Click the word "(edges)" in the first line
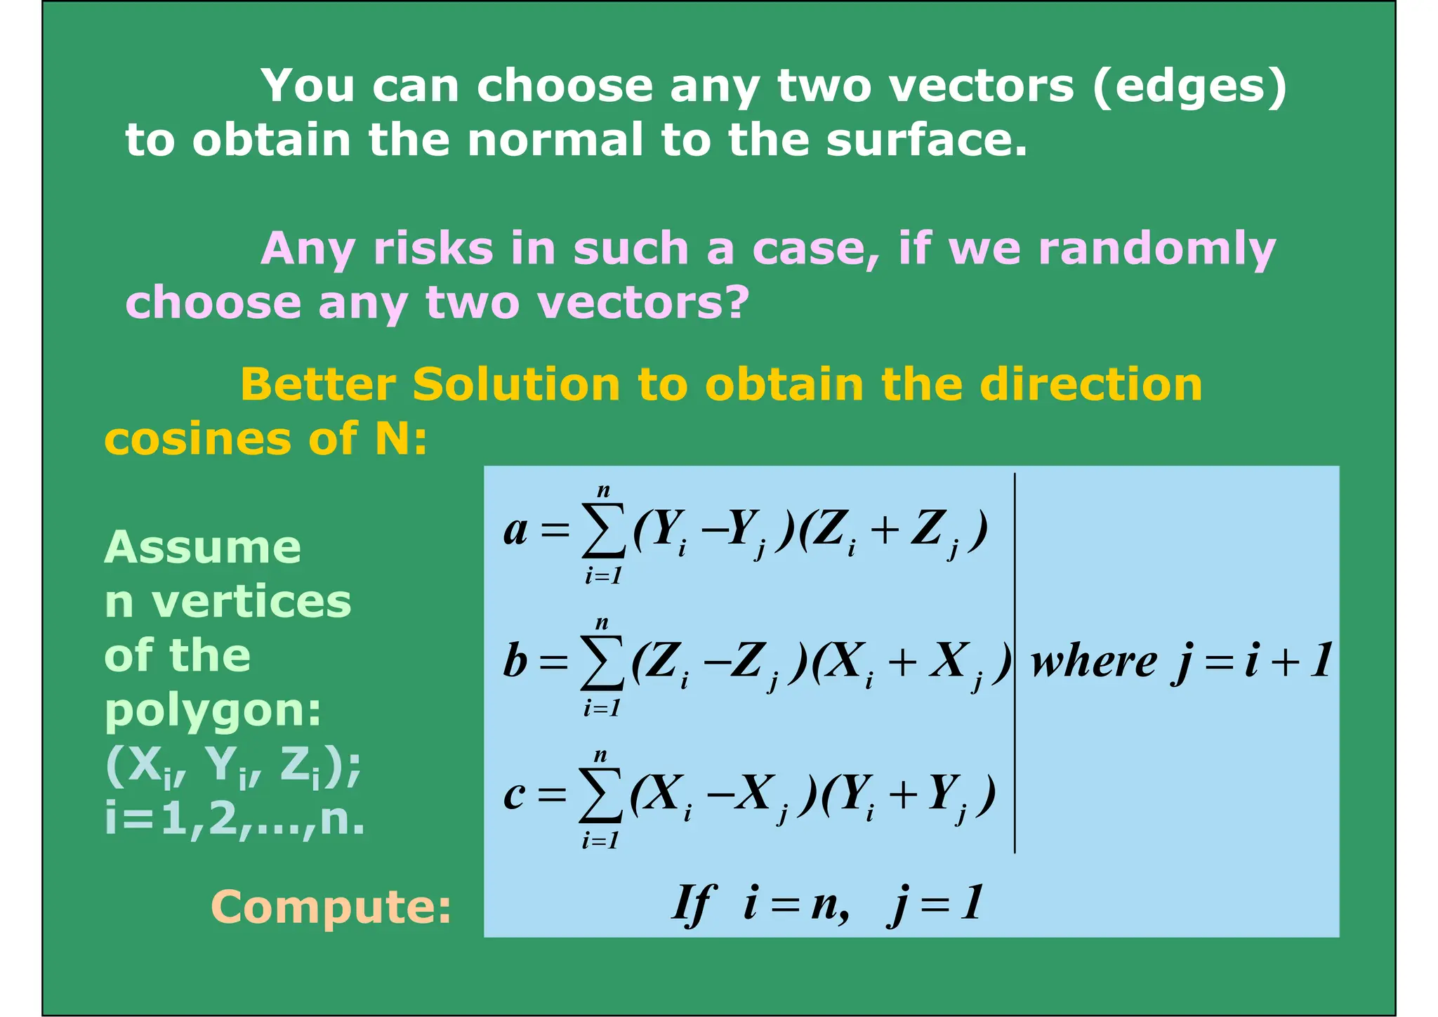click(x=1190, y=86)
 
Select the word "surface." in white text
click(x=926, y=139)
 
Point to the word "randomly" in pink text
click(x=1156, y=250)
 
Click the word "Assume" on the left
click(x=202, y=547)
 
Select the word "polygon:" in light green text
click(x=213, y=711)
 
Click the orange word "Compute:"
click(x=331, y=907)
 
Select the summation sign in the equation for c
click(x=600, y=795)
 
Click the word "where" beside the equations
click(x=1093, y=662)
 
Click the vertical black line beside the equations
click(x=1015, y=662)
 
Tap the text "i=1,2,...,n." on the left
click(x=235, y=819)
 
